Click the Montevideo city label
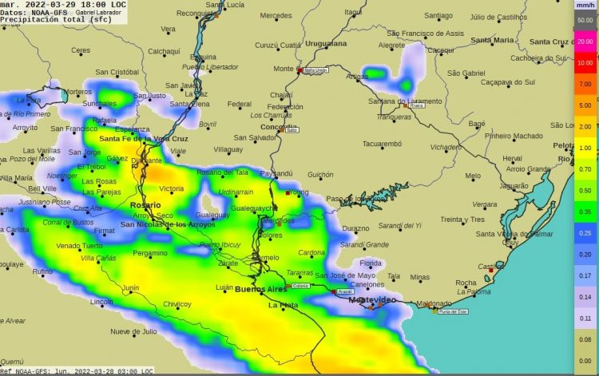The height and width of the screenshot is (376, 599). click(371, 299)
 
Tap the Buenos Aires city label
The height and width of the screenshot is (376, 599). click(260, 289)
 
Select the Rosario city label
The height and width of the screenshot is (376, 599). click(145, 205)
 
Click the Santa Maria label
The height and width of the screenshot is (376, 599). click(492, 40)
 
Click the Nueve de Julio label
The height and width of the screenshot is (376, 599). click(133, 330)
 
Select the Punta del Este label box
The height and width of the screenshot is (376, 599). click(451, 311)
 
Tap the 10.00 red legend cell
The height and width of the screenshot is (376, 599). click(585, 62)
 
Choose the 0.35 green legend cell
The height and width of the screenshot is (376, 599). click(585, 212)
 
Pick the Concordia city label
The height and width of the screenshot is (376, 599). click(279, 128)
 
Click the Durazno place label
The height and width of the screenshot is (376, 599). click(355, 228)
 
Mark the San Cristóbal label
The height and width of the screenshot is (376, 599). click(117, 72)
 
